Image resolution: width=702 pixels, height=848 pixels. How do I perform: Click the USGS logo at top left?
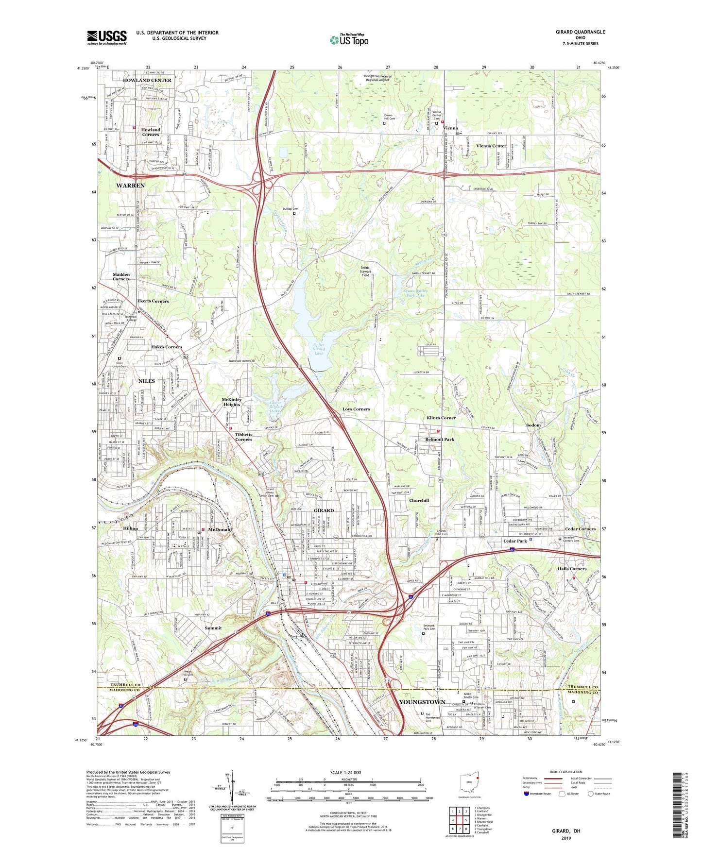(107, 37)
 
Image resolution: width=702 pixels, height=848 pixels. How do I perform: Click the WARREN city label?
(130, 186)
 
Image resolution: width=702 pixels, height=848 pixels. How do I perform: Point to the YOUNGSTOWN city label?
(422, 702)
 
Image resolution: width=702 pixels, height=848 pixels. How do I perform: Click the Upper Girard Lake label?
(319, 349)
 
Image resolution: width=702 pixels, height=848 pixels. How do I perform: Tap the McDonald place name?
(220, 529)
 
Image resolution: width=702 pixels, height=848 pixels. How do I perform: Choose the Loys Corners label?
(356, 409)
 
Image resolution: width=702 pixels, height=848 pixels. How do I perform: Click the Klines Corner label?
(441, 418)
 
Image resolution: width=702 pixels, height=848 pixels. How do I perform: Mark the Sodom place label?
(533, 425)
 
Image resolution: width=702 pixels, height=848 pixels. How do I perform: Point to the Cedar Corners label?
(580, 529)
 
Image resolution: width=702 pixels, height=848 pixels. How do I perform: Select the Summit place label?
(213, 628)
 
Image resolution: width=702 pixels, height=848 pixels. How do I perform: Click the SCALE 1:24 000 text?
(345, 773)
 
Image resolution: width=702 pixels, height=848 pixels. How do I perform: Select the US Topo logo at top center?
(349, 40)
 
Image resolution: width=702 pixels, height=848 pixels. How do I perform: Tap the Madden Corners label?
(121, 277)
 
